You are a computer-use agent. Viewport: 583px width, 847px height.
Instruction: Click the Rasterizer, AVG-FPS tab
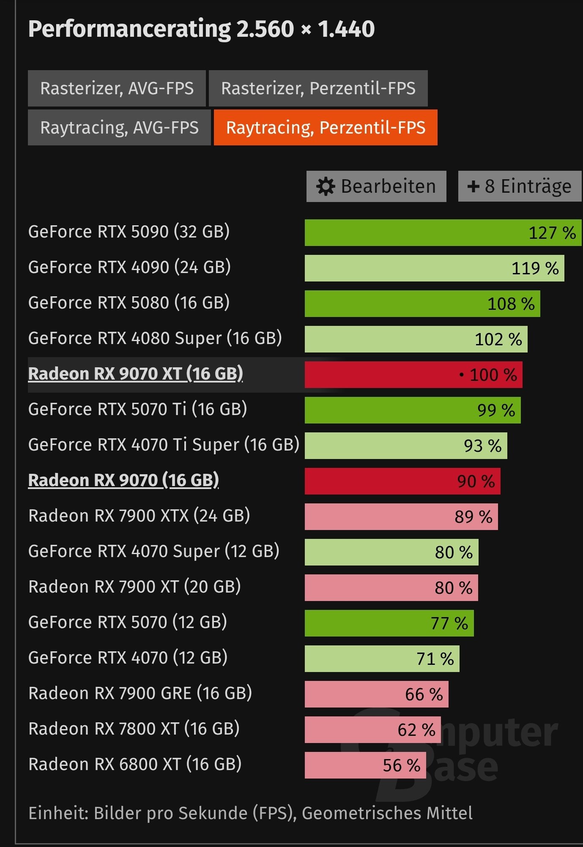click(x=117, y=88)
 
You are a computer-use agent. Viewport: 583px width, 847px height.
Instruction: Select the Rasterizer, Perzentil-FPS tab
click(x=318, y=88)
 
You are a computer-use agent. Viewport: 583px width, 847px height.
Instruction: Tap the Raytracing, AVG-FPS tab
click(x=119, y=128)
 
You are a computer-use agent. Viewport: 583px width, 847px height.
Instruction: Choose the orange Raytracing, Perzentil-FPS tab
click(x=326, y=128)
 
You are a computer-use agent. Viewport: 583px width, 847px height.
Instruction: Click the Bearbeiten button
click(x=376, y=186)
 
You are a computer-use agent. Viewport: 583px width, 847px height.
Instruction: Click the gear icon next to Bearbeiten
click(x=326, y=186)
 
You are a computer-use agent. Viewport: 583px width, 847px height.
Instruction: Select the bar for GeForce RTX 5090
click(x=443, y=232)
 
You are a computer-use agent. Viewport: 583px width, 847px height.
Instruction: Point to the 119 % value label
click(x=535, y=268)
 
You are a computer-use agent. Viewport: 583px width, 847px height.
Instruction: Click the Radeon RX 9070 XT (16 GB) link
click(x=135, y=374)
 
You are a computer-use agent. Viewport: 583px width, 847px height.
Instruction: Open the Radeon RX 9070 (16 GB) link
click(x=123, y=480)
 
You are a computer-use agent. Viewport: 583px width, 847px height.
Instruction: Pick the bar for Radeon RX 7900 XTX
click(x=401, y=516)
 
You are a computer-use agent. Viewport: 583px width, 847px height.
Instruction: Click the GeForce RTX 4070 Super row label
click(x=153, y=551)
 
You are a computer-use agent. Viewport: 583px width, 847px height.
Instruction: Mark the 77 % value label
click(x=449, y=623)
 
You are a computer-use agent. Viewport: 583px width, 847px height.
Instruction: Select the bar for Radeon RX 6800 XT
click(x=365, y=765)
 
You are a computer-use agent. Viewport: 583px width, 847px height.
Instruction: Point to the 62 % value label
click(x=416, y=730)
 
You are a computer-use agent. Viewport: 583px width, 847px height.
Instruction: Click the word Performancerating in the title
click(x=129, y=29)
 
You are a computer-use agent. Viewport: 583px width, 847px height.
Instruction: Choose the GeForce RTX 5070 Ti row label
click(x=137, y=409)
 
